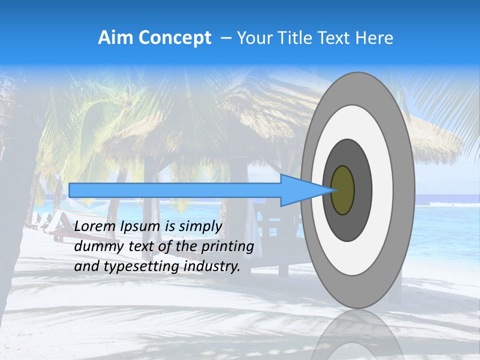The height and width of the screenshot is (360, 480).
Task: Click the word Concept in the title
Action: pyautogui.click(x=173, y=38)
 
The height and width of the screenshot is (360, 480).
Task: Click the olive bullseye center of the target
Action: pyautogui.click(x=343, y=190)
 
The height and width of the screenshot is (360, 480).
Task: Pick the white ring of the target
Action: pyautogui.click(x=382, y=190)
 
